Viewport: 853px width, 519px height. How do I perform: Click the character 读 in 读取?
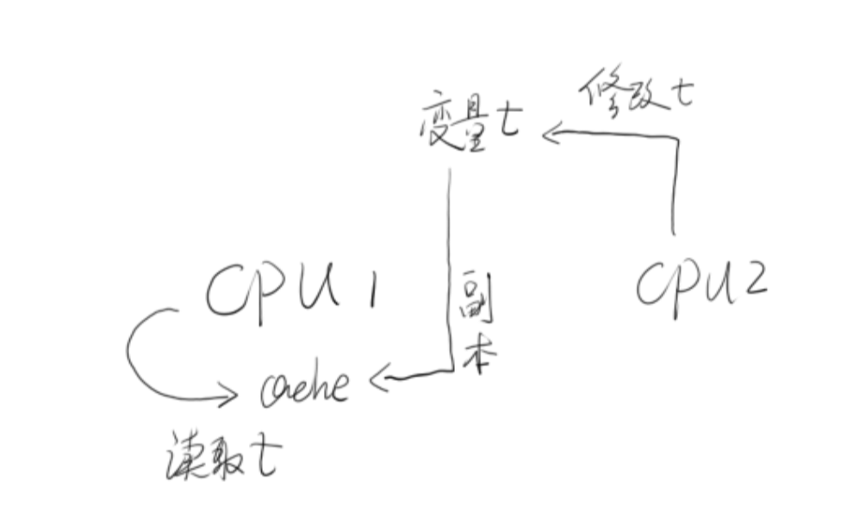[184, 456]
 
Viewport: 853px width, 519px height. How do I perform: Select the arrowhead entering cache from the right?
[380, 378]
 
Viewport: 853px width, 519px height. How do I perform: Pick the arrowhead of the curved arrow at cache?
[229, 397]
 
